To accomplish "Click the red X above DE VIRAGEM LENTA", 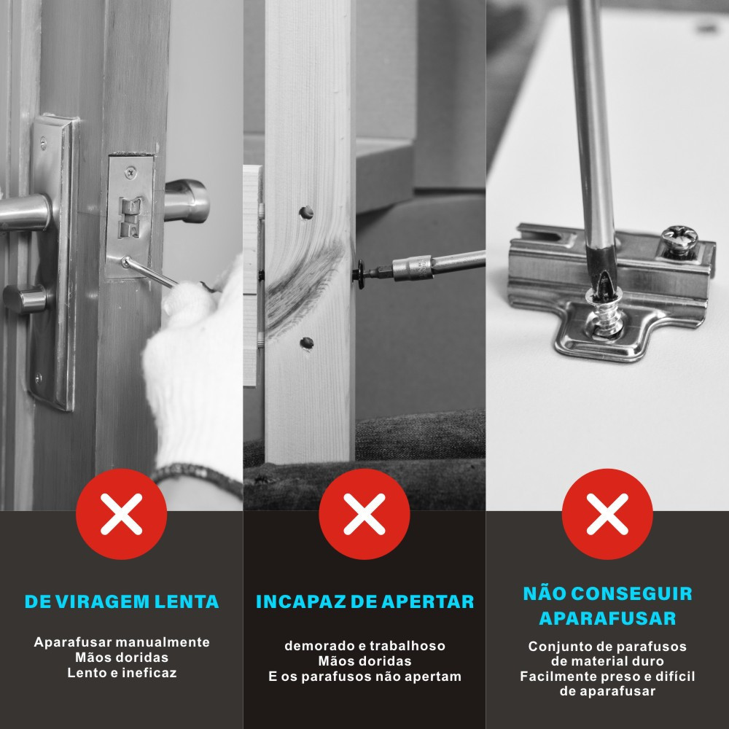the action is [x=121, y=514].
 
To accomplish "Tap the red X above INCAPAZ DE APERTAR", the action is [x=364, y=514].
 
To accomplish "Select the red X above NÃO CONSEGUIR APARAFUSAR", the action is [x=607, y=514].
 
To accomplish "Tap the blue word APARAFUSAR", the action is [x=607, y=618].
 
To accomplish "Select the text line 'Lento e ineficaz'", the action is [x=122, y=673].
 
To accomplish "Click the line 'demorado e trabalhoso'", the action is [x=364, y=646].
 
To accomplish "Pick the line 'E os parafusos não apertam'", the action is [x=364, y=676].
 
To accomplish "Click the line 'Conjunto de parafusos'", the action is [x=607, y=646].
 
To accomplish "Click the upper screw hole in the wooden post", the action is [x=306, y=212].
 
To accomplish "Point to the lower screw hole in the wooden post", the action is [x=306, y=343].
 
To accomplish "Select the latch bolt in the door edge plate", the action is [x=131, y=217].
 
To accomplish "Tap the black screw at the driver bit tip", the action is [x=360, y=275].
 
